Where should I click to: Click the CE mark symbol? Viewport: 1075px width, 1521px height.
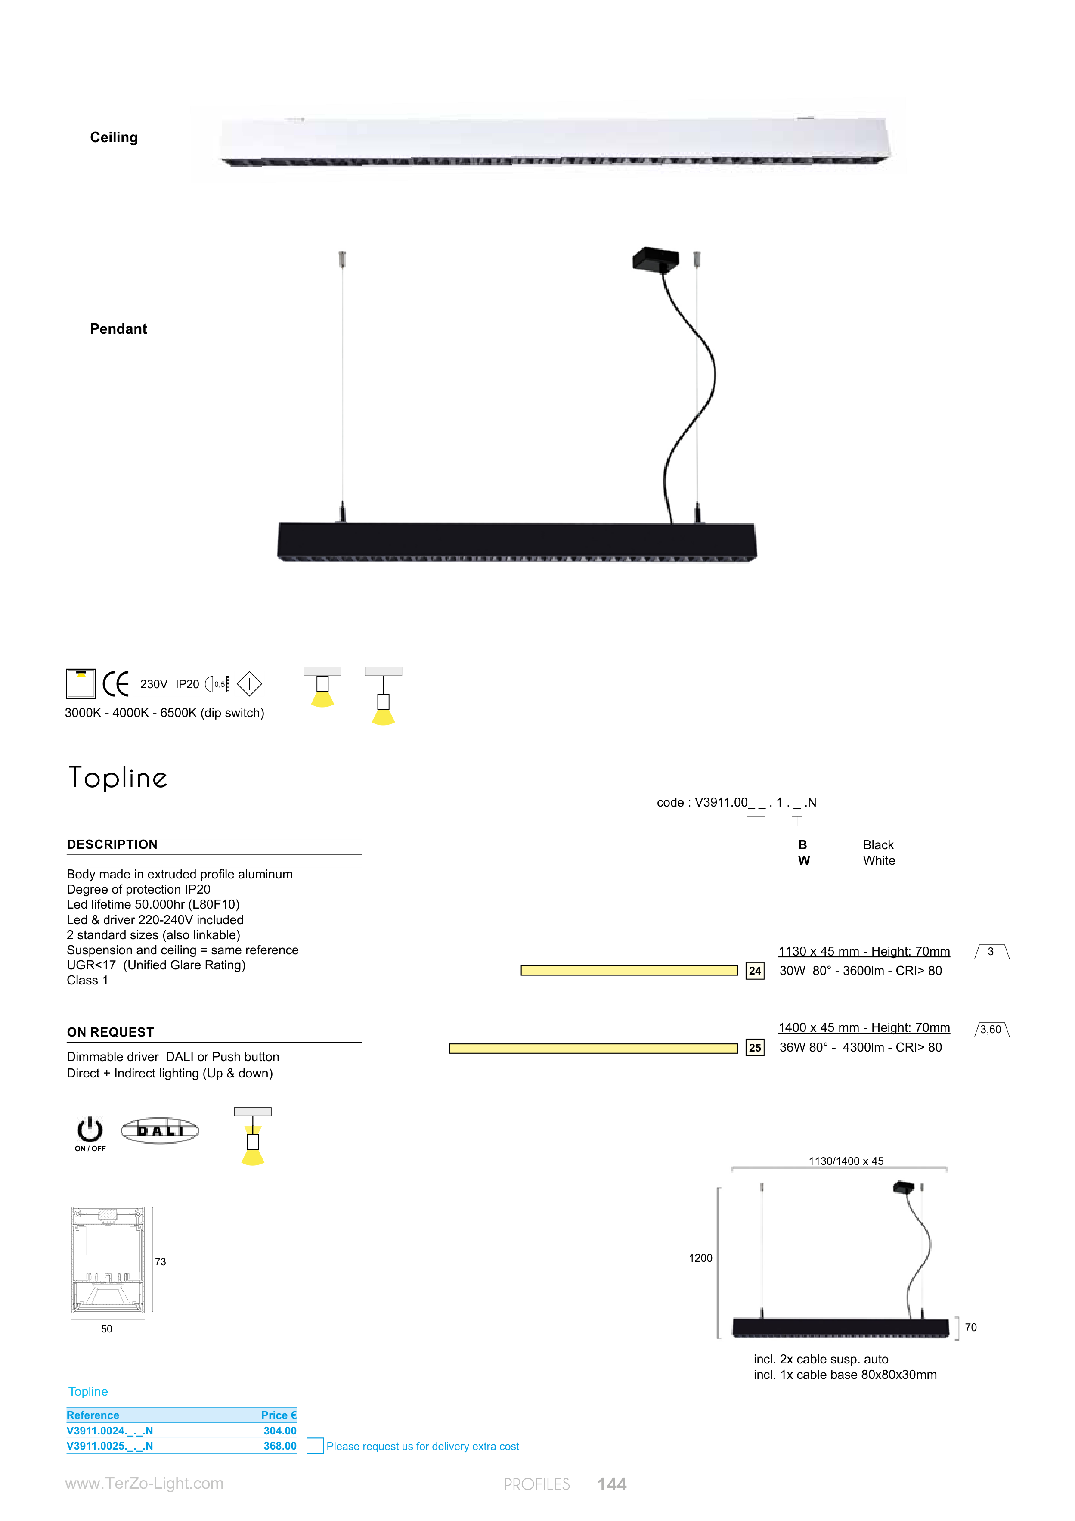pos(116,684)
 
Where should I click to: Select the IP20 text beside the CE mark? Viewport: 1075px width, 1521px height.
pos(187,684)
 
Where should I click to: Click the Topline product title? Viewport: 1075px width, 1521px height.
pos(118,778)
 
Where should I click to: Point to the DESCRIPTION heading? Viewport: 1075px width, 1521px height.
pos(112,844)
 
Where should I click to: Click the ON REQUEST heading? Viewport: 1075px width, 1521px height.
pos(111,1032)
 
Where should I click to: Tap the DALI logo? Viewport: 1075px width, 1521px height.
pos(160,1131)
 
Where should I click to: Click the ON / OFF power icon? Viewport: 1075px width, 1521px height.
pos(90,1133)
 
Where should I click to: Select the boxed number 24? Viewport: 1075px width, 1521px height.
pos(755,971)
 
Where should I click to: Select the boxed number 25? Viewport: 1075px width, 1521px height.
pos(755,1048)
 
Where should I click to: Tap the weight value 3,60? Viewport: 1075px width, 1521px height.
pos(991,1030)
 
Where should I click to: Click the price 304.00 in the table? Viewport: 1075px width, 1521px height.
pos(280,1431)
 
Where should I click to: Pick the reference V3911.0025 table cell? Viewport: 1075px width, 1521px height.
pos(110,1446)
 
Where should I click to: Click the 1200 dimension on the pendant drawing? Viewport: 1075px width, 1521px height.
pos(701,1258)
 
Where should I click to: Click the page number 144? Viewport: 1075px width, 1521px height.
pos(612,1484)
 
